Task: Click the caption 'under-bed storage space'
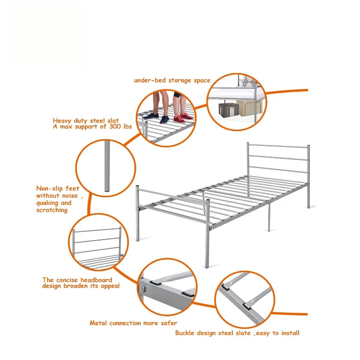pyautogui.click(x=172, y=80)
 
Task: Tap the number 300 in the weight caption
pyautogui.click(x=113, y=127)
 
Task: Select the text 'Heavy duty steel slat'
pyautogui.click(x=86, y=121)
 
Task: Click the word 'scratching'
pyautogui.click(x=52, y=210)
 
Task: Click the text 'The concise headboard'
pyautogui.click(x=77, y=280)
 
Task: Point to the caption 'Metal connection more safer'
pyautogui.click(x=133, y=323)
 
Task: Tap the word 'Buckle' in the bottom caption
pyautogui.click(x=186, y=333)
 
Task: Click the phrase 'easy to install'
pyautogui.click(x=279, y=333)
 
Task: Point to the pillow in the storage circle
pyautogui.click(x=247, y=81)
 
